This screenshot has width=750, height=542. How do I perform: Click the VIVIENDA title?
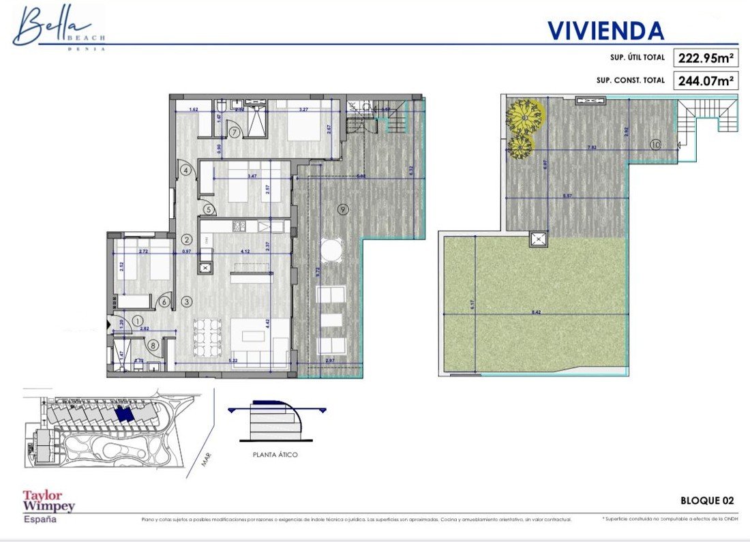(x=605, y=31)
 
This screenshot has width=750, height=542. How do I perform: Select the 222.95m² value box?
(x=706, y=58)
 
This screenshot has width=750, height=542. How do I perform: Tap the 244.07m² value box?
(x=706, y=80)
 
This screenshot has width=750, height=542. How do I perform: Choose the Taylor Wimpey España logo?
(x=48, y=506)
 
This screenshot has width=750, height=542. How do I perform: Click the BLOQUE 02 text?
(x=707, y=500)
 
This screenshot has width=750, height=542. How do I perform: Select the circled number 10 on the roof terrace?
(x=655, y=144)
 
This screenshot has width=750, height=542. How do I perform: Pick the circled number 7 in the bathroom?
(x=234, y=132)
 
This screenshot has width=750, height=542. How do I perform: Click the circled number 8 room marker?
(x=153, y=346)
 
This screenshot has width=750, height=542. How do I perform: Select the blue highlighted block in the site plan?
(x=124, y=415)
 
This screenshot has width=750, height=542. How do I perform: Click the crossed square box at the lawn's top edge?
(x=538, y=239)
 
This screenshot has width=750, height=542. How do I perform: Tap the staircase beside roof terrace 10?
(x=707, y=117)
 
